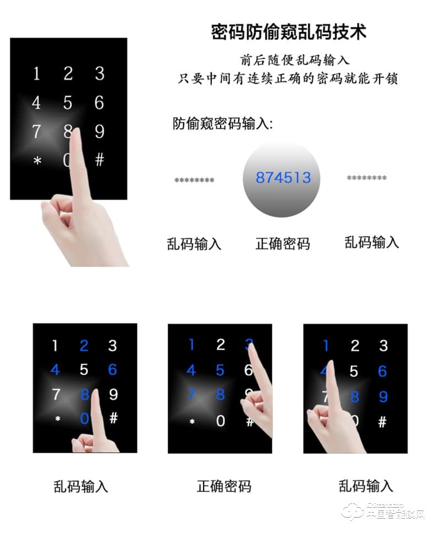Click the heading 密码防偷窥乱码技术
289,31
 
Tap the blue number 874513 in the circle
283,178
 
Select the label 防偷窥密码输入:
223,124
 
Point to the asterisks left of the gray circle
194,180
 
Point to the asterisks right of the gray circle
366,178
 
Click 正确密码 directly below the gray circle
283,243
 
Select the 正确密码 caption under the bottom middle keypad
224,486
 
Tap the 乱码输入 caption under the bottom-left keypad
81,486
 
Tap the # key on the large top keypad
100,160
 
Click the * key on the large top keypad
37,161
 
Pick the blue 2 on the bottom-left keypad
84,346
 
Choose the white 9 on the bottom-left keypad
113,394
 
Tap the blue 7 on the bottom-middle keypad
191,394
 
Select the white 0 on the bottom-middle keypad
220,421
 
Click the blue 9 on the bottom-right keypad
383,396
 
